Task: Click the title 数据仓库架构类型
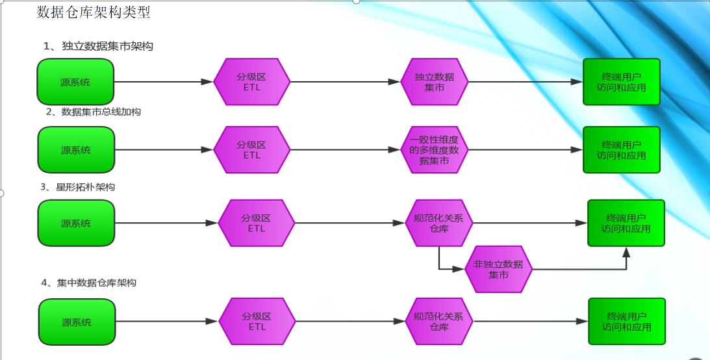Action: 94,12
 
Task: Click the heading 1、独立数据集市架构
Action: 98,46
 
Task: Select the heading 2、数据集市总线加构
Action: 94,112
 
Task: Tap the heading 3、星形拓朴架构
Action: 78,187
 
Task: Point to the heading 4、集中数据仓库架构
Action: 88,283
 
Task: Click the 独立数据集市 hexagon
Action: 435,82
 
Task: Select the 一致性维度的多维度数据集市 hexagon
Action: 435,150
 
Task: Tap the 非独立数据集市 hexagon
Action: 498,269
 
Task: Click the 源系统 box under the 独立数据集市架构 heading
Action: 76,82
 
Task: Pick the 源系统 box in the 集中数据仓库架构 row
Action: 77,322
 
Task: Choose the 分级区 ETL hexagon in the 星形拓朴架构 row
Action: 257,223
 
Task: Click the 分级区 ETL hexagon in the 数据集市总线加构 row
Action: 252,149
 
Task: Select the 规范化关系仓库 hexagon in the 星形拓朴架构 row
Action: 439,223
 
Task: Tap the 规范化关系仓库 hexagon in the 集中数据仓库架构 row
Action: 439,321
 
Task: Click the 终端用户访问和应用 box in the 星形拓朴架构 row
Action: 626,223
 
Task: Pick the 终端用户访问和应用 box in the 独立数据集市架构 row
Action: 622,82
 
